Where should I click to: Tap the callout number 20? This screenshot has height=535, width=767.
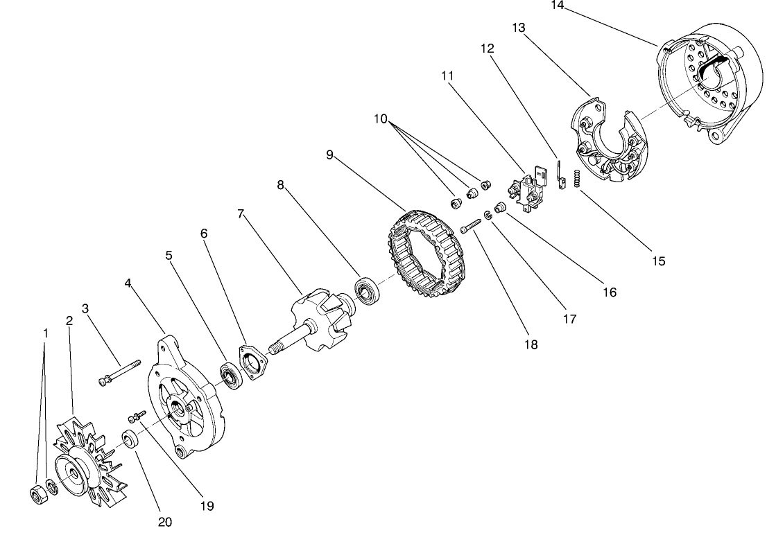165,522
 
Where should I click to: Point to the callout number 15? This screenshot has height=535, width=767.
658,261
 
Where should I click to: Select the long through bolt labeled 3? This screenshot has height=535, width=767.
120,373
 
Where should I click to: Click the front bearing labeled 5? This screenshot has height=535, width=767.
231,375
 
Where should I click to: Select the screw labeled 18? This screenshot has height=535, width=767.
472,225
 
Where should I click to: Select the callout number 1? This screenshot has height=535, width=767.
45,333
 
